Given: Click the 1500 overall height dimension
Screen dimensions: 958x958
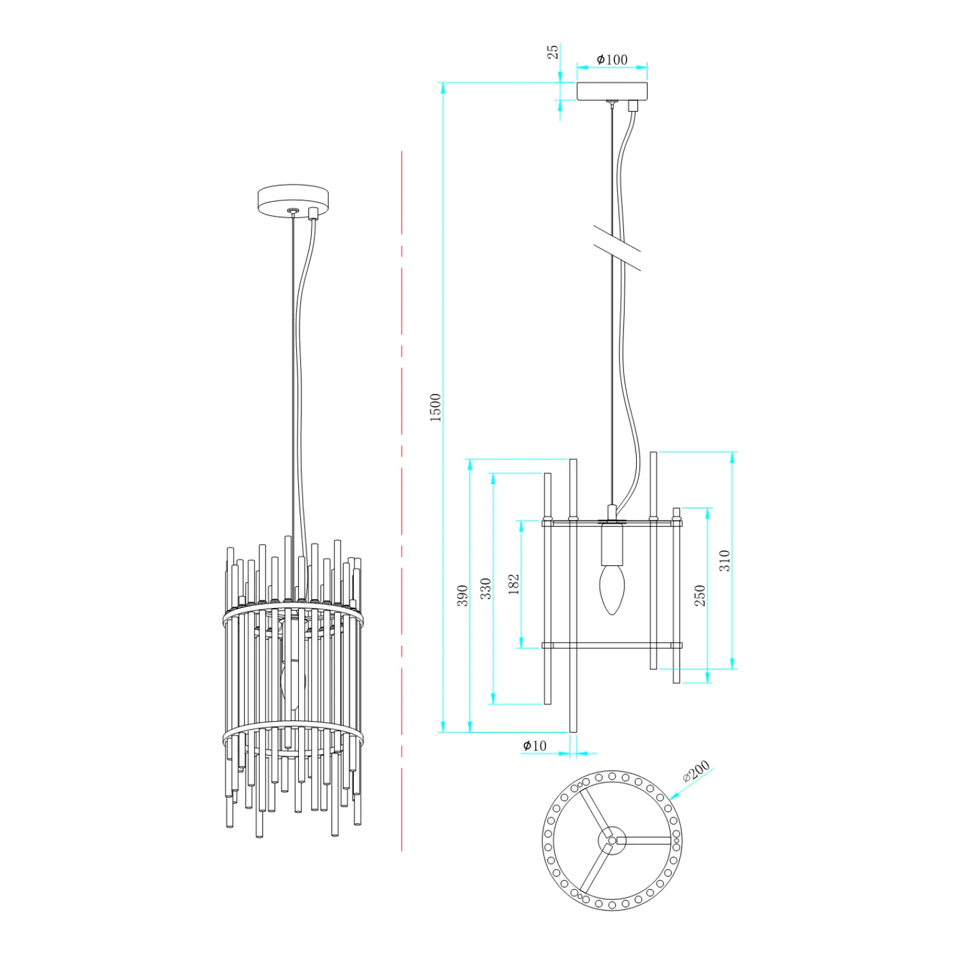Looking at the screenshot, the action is [435, 407].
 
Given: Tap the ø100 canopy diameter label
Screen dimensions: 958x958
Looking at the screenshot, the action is [612, 59].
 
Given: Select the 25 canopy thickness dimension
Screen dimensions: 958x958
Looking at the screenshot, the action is [553, 52].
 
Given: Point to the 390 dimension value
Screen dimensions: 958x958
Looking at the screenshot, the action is [462, 595].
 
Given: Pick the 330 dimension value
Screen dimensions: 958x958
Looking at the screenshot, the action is [486, 588].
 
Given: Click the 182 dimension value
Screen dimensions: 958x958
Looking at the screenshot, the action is [513, 584].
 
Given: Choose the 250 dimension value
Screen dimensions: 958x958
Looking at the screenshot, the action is [700, 595].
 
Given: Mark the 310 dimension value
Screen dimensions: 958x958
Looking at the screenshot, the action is [724, 560].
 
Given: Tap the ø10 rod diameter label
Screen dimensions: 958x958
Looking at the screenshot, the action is [535, 745].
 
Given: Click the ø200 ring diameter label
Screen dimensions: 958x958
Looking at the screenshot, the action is [696, 771].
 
